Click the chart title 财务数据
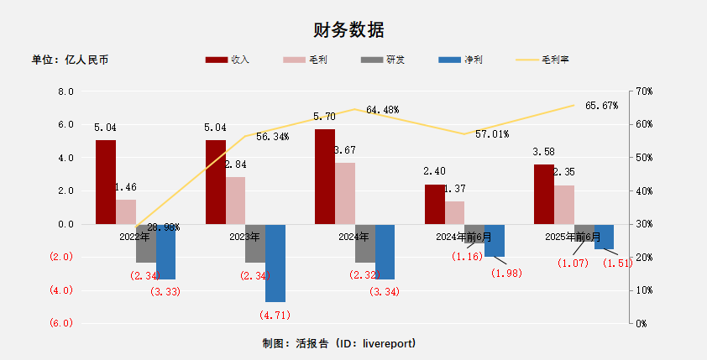tap(348, 30)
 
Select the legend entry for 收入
tap(228, 60)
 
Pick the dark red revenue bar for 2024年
tap(324, 176)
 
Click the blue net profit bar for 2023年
tap(275, 263)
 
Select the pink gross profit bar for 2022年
tap(125, 211)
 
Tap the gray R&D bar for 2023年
tap(255, 243)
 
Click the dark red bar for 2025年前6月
tap(543, 194)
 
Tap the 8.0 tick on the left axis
tap(65, 91)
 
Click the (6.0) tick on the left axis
tap(62, 323)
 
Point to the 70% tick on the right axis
tap(644, 91)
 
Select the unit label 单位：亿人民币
tap(70, 60)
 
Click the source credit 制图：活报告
tap(339, 344)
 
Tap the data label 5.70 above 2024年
tap(324, 117)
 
